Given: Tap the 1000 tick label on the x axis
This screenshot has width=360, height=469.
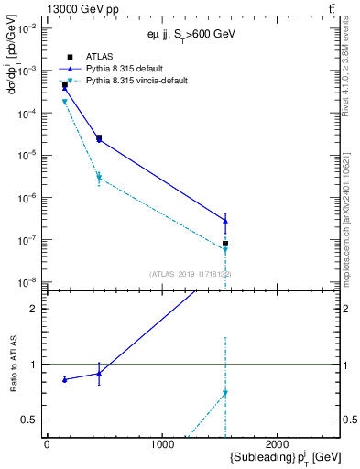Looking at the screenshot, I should pyautogui.click(x=163, y=444).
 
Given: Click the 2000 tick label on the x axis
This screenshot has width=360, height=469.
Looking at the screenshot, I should pyautogui.click(x=278, y=444).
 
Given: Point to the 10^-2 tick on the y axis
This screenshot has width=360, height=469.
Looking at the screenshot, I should pyautogui.click(x=29, y=28).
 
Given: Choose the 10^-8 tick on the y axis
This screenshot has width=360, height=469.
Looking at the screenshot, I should pyautogui.click(x=29, y=282).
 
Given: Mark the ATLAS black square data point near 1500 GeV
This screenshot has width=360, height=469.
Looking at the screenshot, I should pyautogui.click(x=225, y=244).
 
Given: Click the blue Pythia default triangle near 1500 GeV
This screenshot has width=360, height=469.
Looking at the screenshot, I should pyautogui.click(x=225, y=221).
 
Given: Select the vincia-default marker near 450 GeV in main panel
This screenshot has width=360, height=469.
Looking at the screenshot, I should pyautogui.click(x=99, y=178).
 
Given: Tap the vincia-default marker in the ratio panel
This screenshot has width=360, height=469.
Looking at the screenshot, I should pyautogui.click(x=225, y=393).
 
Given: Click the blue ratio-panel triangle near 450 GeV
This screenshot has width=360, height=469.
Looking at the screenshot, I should pyautogui.click(x=99, y=373).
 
